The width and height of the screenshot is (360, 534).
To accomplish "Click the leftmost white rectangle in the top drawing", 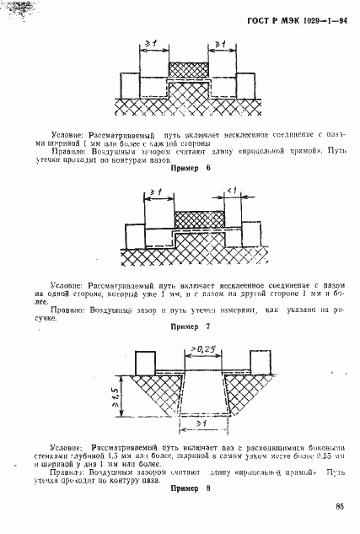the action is tap(130, 84).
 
